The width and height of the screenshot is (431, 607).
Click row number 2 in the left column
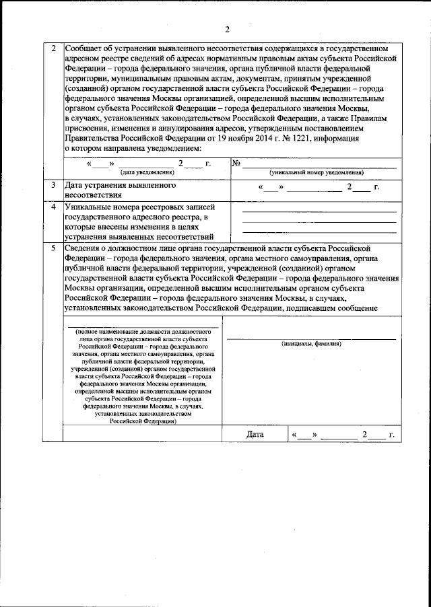[53, 49]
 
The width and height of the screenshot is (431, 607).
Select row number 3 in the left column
[53, 184]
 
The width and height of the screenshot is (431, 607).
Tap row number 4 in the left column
[53, 206]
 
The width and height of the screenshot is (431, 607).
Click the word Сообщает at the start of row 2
[84, 49]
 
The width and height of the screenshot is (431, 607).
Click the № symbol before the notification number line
[236, 163]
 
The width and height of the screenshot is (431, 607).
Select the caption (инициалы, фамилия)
[311, 344]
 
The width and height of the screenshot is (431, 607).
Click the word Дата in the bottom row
[255, 435]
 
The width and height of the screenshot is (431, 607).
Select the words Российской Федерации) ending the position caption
[144, 421]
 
